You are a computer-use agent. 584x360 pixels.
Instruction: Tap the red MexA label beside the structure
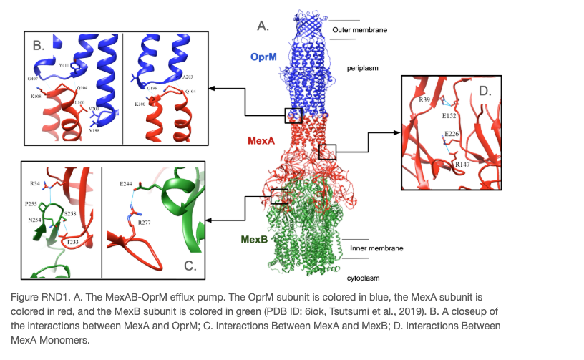263,140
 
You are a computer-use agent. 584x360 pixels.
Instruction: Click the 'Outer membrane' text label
359,30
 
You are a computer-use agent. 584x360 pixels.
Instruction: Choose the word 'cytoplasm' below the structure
364,278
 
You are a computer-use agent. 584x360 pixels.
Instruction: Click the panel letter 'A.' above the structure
263,26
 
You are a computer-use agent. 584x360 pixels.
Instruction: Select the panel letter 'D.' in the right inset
485,92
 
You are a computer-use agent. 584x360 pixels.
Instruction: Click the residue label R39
424,99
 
